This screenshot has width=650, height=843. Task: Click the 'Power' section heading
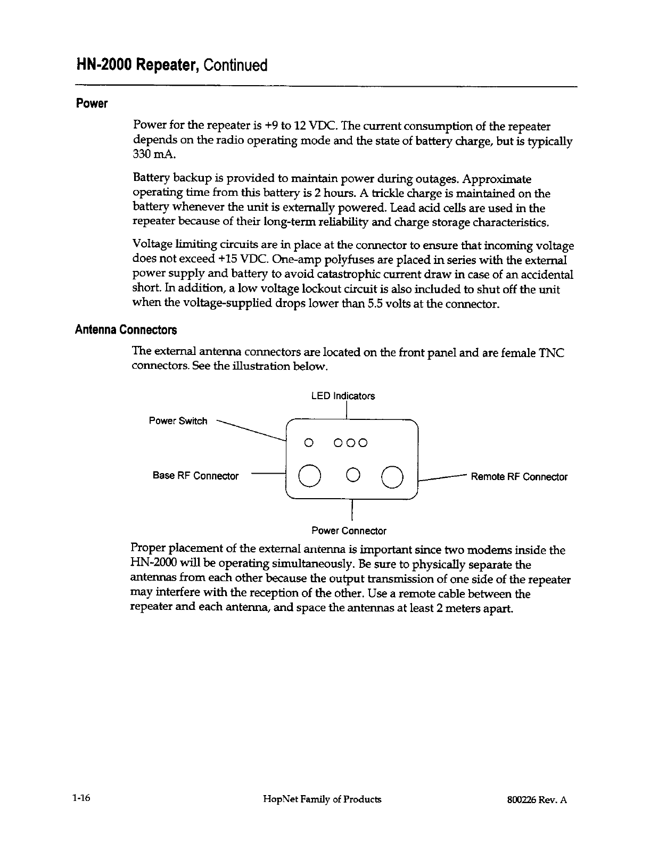92,103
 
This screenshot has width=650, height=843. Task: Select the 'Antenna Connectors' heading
126,330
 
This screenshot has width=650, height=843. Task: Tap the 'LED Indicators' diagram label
343,396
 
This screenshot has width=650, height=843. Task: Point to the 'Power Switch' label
178,421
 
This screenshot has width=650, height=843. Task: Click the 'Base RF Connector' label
195,476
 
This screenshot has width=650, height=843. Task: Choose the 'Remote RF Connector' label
519,477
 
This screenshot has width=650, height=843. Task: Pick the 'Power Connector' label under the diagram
349,531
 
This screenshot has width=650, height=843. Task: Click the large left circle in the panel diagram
309,476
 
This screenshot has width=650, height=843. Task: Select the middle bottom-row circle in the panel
351,475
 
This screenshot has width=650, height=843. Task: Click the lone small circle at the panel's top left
307,443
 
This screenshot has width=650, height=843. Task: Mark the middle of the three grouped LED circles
350,443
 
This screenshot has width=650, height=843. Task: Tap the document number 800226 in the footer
522,799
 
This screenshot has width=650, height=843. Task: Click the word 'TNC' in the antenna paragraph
552,352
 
